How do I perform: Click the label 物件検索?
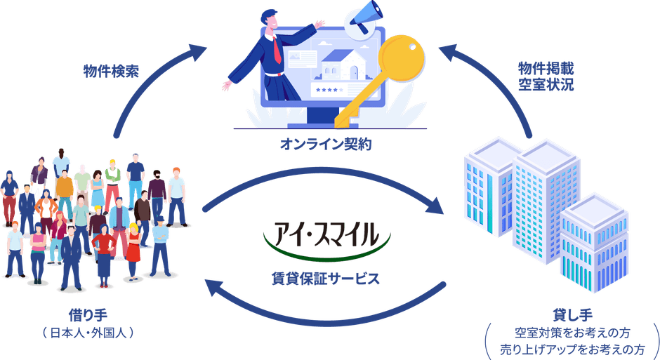tap(111, 72)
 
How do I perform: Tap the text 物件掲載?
tap(546, 68)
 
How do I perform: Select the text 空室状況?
tap(546, 84)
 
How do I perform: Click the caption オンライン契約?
tap(326, 145)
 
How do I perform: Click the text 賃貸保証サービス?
tap(326, 279)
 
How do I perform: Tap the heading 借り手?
tap(88, 315)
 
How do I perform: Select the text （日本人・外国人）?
tap(88, 333)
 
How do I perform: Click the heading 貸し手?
tap(572, 315)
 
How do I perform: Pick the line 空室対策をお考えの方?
tap(572, 333)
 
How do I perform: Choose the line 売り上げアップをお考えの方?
tap(572, 349)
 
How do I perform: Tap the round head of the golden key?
tap(401, 58)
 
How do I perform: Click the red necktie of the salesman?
tap(277, 50)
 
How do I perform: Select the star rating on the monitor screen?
tap(329, 90)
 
